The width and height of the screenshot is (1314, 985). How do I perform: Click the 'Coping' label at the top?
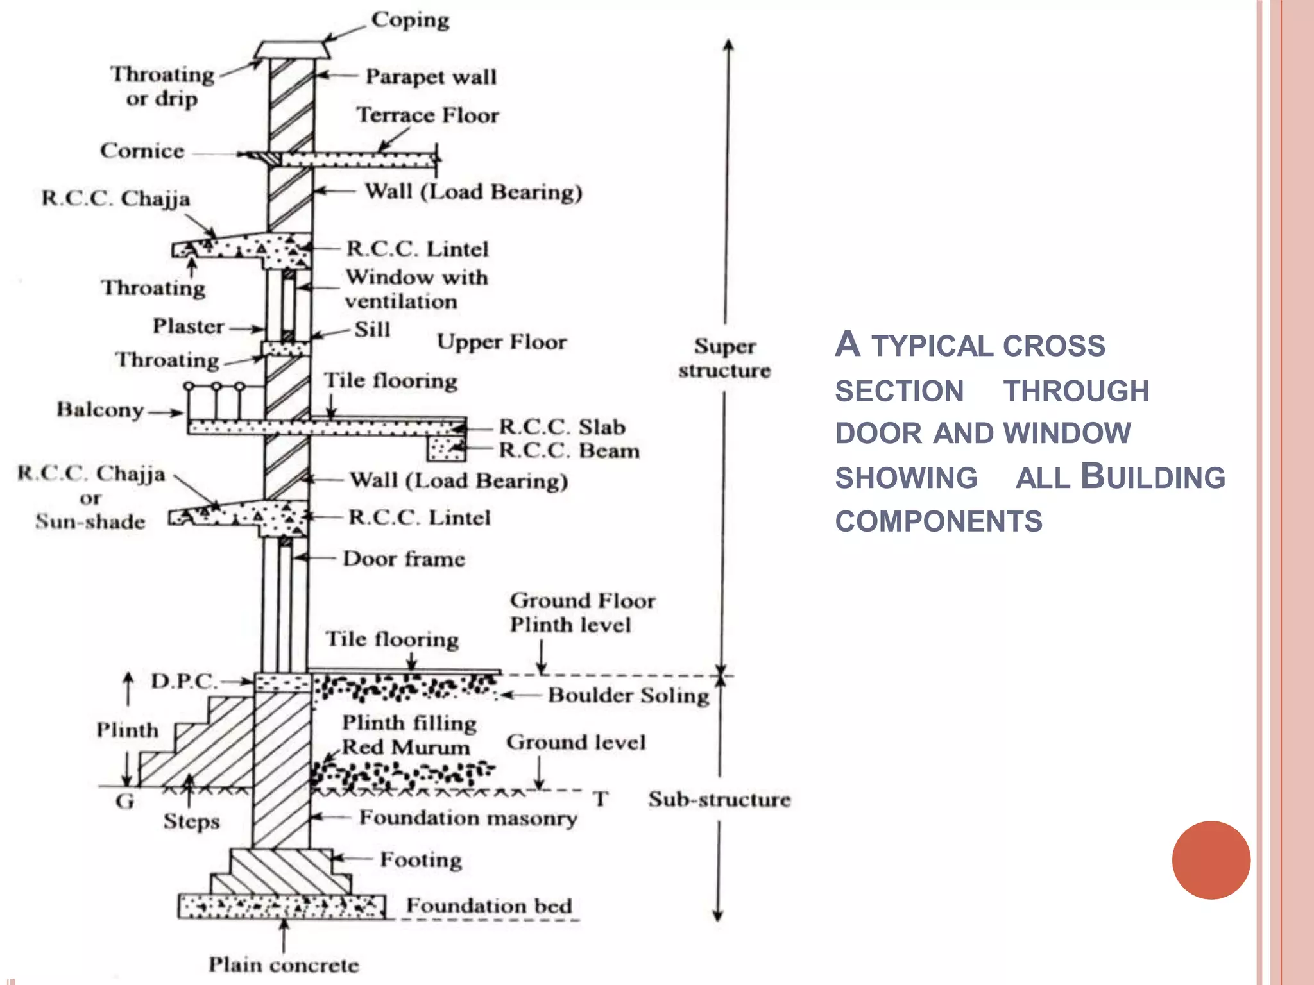pos(410,20)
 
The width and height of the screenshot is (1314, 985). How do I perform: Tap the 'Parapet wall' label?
pos(431,77)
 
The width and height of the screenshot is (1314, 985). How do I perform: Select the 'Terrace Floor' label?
pos(427,115)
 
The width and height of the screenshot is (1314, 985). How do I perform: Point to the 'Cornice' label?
pos(142,151)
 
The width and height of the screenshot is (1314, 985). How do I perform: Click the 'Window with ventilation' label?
pos(416,289)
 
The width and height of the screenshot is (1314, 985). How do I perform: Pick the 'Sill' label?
pos(372,330)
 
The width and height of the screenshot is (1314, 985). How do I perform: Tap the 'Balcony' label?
pos(100,410)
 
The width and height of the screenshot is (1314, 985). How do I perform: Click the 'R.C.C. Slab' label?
pos(562,427)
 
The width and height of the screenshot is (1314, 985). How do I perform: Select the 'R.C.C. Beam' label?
pos(569,451)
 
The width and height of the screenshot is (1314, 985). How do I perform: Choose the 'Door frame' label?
pos(404,559)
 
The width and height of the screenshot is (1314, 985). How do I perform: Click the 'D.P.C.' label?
pos(183,681)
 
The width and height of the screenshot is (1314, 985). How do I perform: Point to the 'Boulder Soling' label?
pos(628,695)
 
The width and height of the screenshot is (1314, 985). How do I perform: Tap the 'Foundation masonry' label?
pos(468,818)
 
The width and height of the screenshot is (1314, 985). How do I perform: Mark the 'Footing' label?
pos(421,860)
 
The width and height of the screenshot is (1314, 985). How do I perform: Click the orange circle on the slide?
pos(1211,860)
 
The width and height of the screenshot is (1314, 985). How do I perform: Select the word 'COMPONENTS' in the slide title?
pos(939,521)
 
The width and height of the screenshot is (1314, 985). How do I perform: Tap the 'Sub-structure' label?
pos(719,800)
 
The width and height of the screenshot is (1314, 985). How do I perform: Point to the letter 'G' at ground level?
pos(124,801)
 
